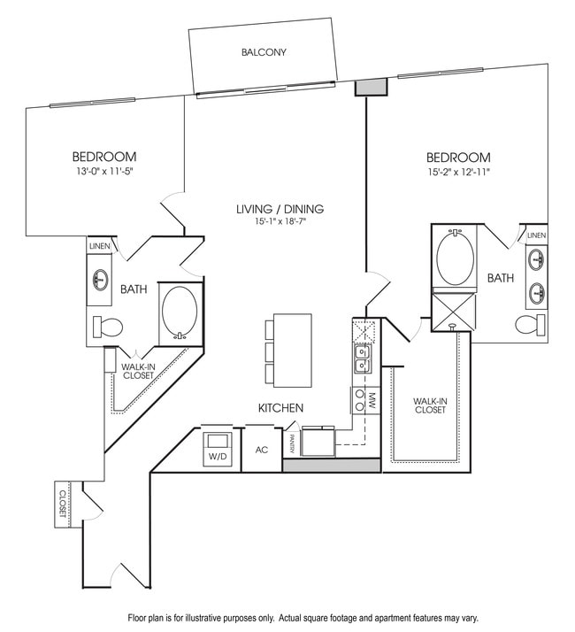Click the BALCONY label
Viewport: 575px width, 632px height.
(264, 52)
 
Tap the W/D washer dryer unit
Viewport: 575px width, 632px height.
(217, 446)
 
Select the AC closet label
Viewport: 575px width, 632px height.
(261, 449)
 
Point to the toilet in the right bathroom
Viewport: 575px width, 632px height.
(528, 325)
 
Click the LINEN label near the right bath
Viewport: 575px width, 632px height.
(536, 235)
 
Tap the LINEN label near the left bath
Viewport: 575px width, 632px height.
(99, 245)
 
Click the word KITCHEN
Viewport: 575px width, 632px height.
(280, 408)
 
